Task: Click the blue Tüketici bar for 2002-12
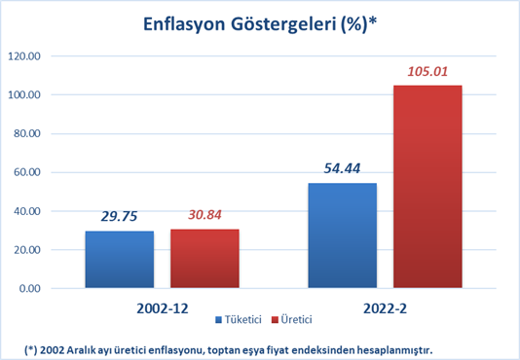(120, 260)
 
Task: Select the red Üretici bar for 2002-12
(204, 259)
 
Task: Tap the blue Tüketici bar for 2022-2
(342, 235)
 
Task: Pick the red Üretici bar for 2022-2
(427, 187)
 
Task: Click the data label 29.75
(119, 216)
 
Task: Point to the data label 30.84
(204, 215)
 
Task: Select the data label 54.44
(342, 168)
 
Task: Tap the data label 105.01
(427, 71)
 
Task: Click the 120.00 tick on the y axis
(24, 56)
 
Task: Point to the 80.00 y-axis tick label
(27, 133)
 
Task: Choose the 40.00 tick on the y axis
(27, 211)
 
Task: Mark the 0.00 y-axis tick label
(30, 288)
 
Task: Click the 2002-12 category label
(163, 308)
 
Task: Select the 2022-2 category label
(385, 308)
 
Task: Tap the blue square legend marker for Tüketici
(218, 320)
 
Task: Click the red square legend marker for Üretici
(275, 320)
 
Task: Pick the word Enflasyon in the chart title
(184, 25)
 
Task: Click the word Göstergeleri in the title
(284, 25)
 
